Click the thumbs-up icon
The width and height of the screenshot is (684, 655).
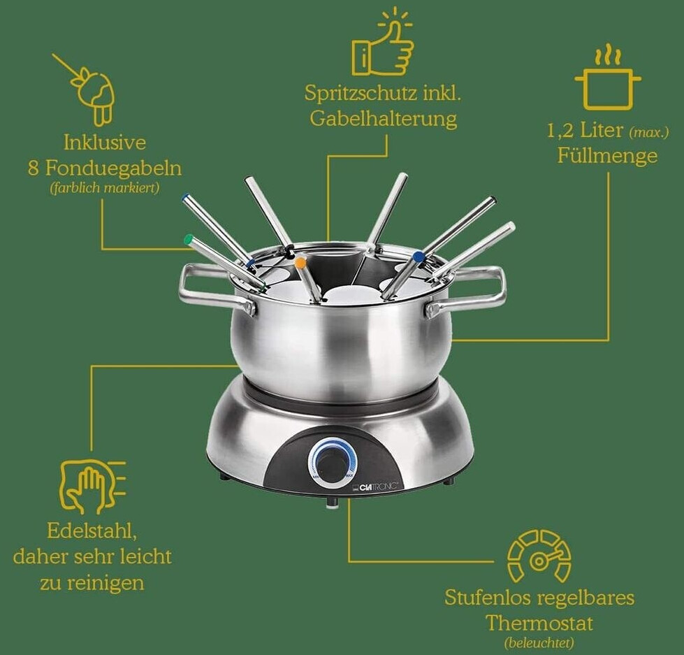coord(383,43)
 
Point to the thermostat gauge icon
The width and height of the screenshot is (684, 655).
coord(539,556)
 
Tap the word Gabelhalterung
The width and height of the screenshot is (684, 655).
coord(384,119)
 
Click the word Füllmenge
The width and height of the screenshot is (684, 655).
coord(607,155)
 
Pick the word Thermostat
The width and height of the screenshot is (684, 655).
coord(539,623)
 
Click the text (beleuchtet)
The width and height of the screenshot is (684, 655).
coord(539,643)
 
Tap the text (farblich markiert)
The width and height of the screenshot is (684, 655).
coord(105,188)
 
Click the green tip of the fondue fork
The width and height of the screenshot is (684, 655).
coord(189,240)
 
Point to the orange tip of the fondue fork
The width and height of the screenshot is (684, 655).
coord(300,263)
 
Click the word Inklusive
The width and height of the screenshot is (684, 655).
coord(105,143)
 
